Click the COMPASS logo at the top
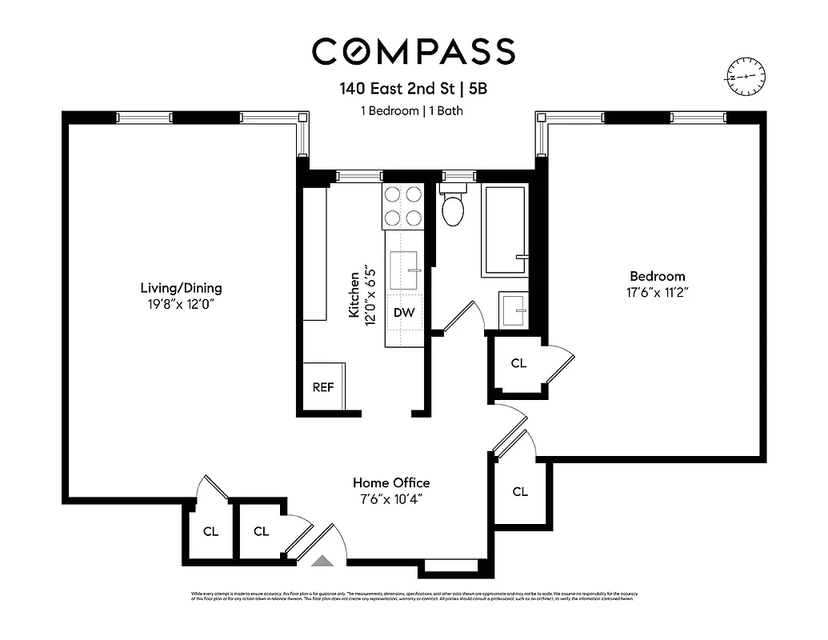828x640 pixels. [x=413, y=51]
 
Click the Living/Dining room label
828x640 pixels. [x=181, y=288]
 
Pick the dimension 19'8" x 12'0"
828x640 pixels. [x=181, y=304]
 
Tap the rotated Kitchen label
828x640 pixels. [x=354, y=294]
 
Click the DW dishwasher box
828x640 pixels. [x=404, y=313]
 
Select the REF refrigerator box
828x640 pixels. [x=323, y=387]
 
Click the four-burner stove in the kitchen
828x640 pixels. [x=403, y=206]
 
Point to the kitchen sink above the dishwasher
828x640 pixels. [x=406, y=270]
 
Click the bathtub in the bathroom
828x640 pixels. [x=504, y=231]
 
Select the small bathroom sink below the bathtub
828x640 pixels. [x=512, y=310]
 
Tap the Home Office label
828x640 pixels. [x=391, y=483]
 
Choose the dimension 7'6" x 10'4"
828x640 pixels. [x=391, y=499]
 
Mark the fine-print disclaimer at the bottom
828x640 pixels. [x=413, y=596]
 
